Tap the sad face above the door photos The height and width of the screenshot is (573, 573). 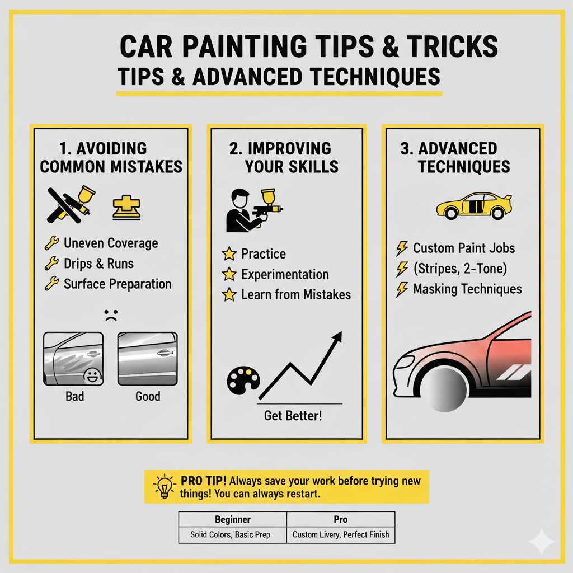click(109, 314)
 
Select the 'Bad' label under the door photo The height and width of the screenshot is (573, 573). click(74, 396)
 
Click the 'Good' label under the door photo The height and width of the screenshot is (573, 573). click(148, 396)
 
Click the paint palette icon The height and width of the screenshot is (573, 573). click(243, 382)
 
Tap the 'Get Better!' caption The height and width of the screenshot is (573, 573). click(293, 416)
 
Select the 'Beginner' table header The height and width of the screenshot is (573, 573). click(232, 519)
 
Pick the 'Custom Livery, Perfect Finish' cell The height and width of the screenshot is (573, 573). click(340, 535)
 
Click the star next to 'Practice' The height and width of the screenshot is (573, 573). click(229, 254)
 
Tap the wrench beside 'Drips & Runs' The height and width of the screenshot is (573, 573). click(51, 264)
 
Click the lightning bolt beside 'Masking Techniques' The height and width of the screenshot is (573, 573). click(402, 289)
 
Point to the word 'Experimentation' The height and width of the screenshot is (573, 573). click(285, 275)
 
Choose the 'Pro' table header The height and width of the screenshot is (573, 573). click(340, 519)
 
